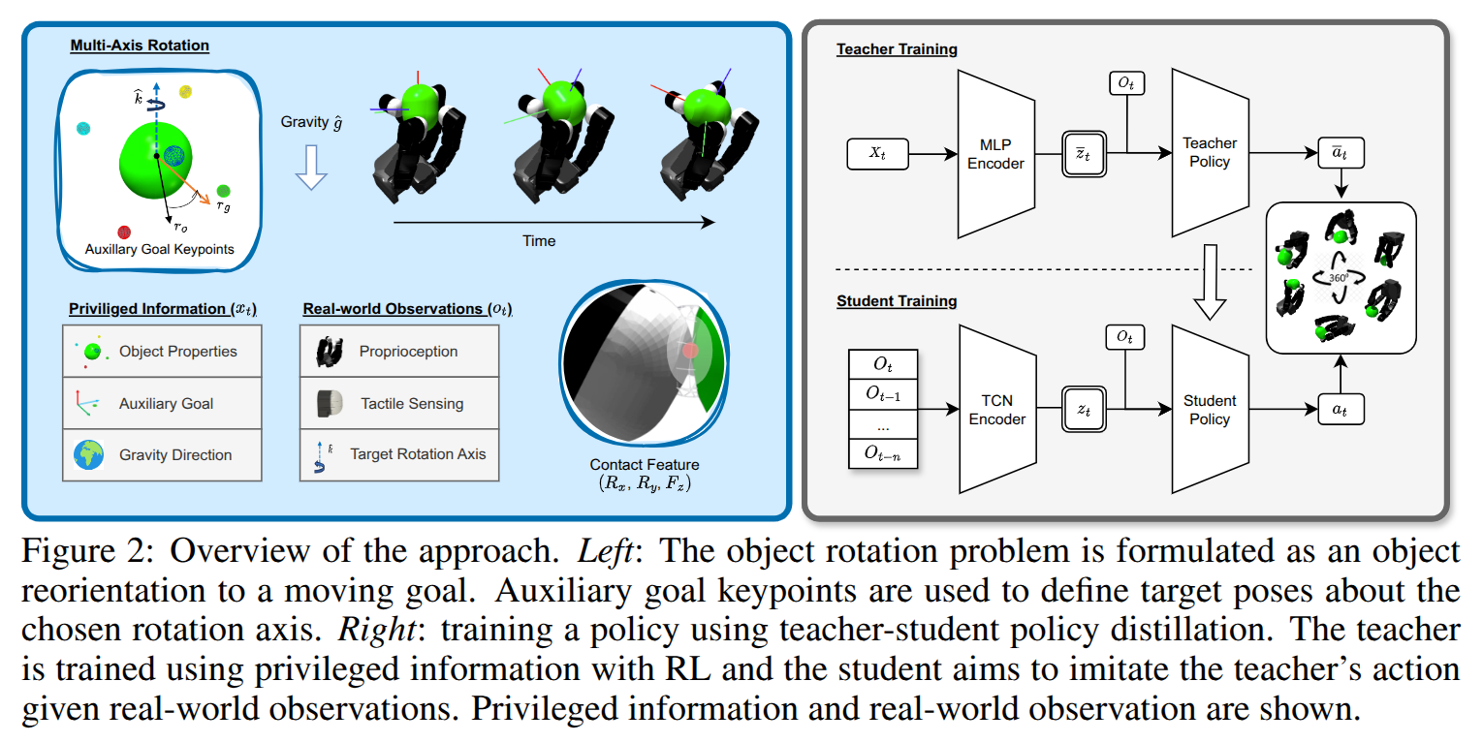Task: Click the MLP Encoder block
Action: tap(995, 154)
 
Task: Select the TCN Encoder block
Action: tap(996, 410)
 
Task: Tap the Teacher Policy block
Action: tap(1209, 152)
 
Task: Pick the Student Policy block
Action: tap(1209, 409)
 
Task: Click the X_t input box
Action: tap(877, 154)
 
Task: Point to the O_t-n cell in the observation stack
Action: tap(882, 451)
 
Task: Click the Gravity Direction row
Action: tap(162, 454)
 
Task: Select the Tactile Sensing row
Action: tap(399, 403)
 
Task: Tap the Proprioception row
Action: tap(399, 351)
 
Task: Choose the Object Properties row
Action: tap(162, 351)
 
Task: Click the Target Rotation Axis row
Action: tap(399, 453)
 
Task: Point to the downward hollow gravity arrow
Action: tap(311, 167)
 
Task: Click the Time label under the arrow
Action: tap(539, 240)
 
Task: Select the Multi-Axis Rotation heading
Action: tap(139, 46)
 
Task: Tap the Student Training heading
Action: tap(897, 301)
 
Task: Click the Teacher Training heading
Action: tap(898, 49)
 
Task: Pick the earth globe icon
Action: tap(89, 454)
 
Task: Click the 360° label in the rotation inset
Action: tap(1339, 278)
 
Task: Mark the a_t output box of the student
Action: tap(1339, 410)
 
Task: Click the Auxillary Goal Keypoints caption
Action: tap(160, 249)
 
